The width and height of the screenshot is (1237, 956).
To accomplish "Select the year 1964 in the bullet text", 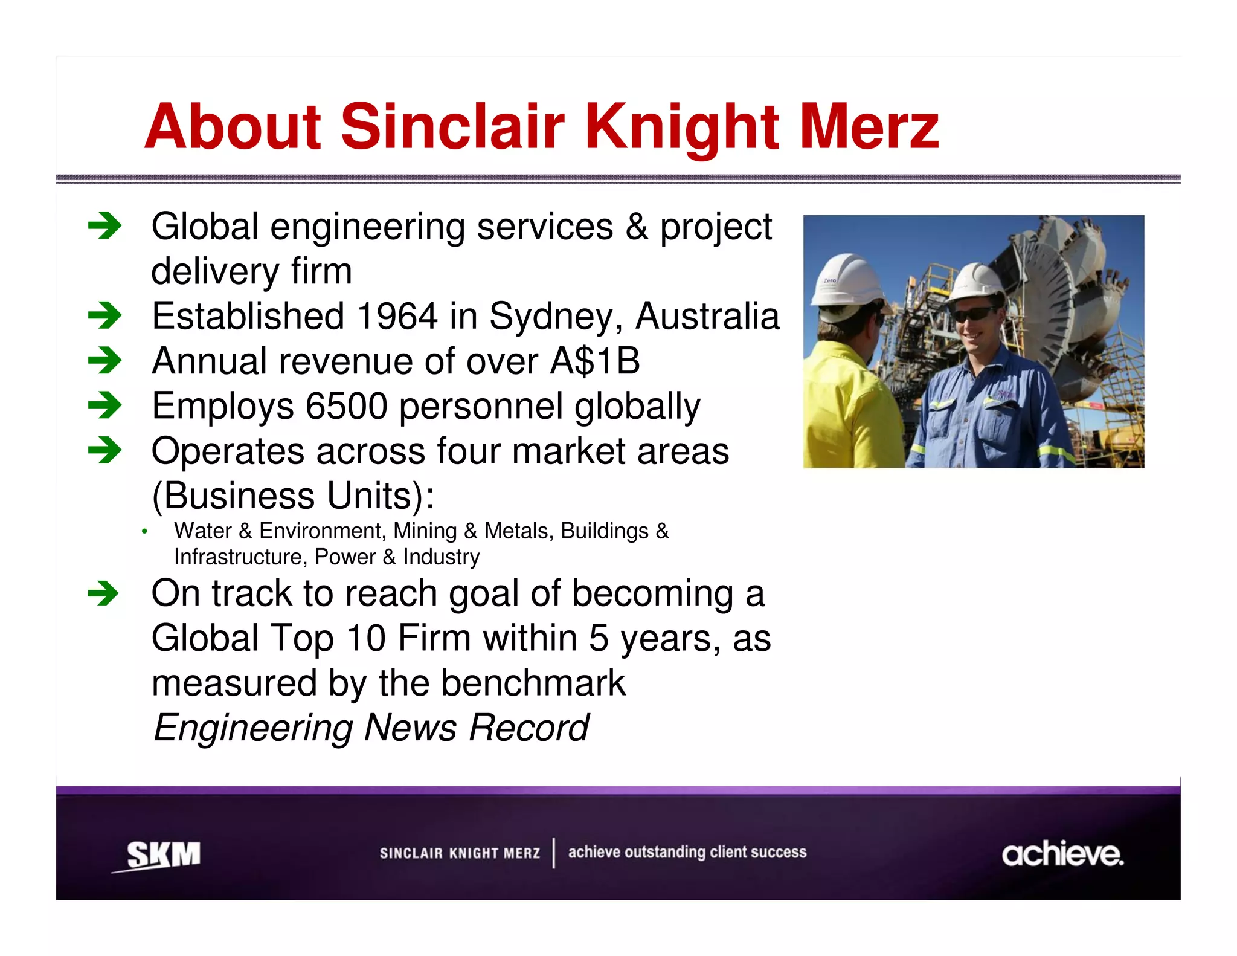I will pyautogui.click(x=397, y=316).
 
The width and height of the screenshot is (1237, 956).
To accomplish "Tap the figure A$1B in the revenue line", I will pyautogui.click(x=595, y=361).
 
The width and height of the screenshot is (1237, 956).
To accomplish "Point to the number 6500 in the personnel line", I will pyautogui.click(x=346, y=406).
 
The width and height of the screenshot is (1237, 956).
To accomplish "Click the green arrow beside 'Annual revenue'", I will pyautogui.click(x=104, y=361).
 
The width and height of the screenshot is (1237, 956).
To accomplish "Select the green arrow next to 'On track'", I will pyautogui.click(x=103, y=593).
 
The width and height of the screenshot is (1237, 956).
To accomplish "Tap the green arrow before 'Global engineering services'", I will pyautogui.click(x=104, y=227).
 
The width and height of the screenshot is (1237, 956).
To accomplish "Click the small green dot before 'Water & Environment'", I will pyautogui.click(x=144, y=532).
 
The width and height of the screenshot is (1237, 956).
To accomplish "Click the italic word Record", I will pyautogui.click(x=529, y=728).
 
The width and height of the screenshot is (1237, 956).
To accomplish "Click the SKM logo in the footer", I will pyautogui.click(x=161, y=854).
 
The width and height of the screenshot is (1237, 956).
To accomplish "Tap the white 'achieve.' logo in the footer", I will pyautogui.click(x=1062, y=854).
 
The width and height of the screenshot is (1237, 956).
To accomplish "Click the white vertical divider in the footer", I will pyautogui.click(x=554, y=853).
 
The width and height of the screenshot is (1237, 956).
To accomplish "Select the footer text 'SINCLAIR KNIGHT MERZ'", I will pyautogui.click(x=460, y=853).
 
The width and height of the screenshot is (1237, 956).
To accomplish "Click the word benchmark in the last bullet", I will pyautogui.click(x=533, y=683).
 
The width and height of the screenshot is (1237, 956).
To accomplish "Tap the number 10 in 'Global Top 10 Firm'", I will pyautogui.click(x=366, y=639).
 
